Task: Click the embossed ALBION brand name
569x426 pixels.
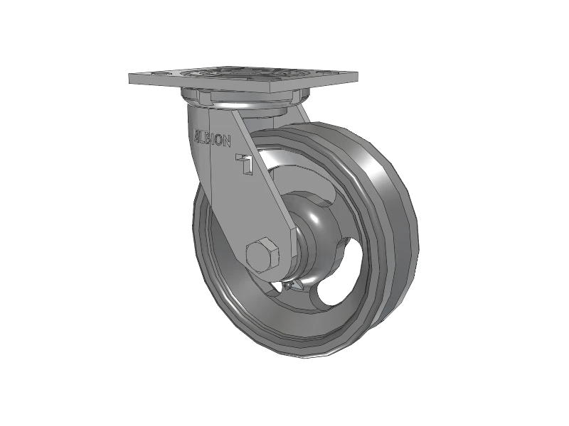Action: pyautogui.click(x=211, y=141)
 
